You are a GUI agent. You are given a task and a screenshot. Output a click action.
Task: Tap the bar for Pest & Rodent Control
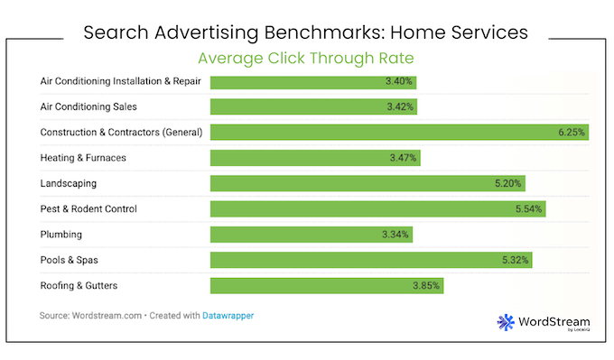(377, 209)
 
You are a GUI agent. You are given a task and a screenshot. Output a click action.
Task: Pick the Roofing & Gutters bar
(326, 286)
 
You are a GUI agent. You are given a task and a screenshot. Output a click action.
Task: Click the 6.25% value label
(572, 132)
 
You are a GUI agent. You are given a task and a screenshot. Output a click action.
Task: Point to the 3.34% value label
(395, 235)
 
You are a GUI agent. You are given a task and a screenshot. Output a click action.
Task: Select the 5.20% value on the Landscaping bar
(507, 183)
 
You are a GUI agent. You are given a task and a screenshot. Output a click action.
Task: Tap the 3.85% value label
(425, 286)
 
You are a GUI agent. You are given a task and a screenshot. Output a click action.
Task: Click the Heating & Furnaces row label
(83, 158)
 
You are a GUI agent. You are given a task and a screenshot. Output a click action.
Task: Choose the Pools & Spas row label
(70, 261)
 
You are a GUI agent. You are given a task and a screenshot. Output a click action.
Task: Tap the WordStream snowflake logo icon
(506, 323)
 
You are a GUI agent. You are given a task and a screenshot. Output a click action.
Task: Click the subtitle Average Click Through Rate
(306, 60)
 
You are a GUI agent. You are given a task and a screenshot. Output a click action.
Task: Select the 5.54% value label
(528, 209)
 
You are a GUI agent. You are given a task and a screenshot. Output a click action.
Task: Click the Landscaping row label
(68, 183)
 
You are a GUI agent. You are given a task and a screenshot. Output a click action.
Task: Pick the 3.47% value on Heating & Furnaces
(403, 158)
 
